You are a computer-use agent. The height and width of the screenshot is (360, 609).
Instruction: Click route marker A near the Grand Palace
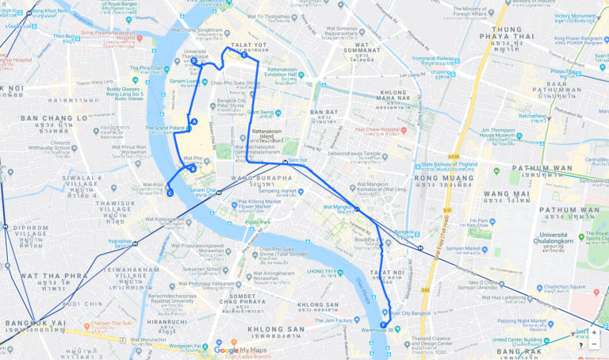194,121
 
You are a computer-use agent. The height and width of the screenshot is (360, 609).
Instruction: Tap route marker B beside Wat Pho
193,169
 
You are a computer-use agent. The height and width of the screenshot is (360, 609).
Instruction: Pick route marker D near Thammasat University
194,60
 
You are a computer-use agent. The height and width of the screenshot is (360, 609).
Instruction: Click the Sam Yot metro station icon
285,160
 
